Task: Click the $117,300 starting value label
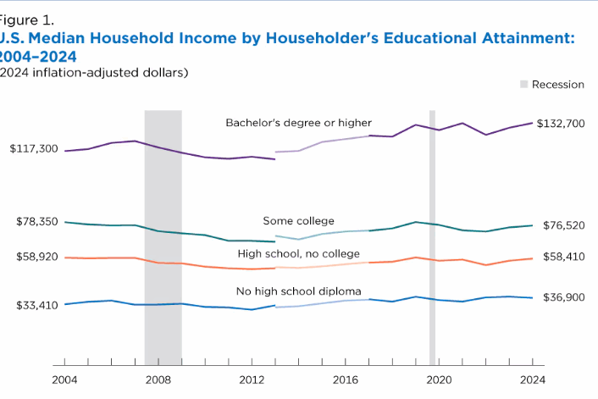click(x=34, y=149)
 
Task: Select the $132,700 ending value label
click(x=562, y=124)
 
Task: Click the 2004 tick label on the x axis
click(x=64, y=380)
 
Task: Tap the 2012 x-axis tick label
click(x=252, y=380)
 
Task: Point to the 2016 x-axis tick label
click(x=345, y=380)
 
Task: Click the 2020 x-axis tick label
click(x=439, y=380)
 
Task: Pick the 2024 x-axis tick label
click(x=532, y=380)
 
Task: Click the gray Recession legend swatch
click(x=524, y=85)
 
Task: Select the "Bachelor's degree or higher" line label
click(x=298, y=123)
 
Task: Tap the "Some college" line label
click(x=298, y=221)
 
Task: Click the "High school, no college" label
click(x=298, y=253)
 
